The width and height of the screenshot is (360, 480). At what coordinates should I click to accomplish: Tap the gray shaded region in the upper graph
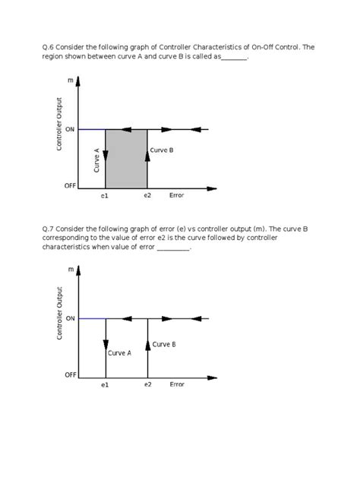[x=126, y=159]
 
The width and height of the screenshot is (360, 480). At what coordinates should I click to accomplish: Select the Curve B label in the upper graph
[x=162, y=150]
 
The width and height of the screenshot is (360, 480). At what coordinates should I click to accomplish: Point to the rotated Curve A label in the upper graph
[x=96, y=160]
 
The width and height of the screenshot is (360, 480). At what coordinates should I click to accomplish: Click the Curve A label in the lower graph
[x=120, y=353]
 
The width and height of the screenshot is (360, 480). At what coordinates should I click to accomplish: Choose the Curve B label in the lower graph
[x=164, y=344]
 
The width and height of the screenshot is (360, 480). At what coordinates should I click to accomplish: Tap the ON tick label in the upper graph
[x=70, y=129]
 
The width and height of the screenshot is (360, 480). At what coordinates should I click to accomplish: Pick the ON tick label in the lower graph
[x=70, y=319]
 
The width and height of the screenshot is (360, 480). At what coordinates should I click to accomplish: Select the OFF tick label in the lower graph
[x=70, y=375]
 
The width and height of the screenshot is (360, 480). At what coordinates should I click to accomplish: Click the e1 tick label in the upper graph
[x=105, y=196]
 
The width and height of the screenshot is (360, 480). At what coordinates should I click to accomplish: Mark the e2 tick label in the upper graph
[x=147, y=196]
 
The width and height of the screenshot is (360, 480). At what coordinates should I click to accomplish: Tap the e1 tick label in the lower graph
[x=105, y=386]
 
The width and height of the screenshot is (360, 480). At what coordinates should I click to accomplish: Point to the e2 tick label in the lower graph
[x=147, y=385]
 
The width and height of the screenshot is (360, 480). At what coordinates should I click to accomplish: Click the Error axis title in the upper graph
[x=176, y=195]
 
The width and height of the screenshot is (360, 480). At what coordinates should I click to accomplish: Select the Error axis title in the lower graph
[x=177, y=384]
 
